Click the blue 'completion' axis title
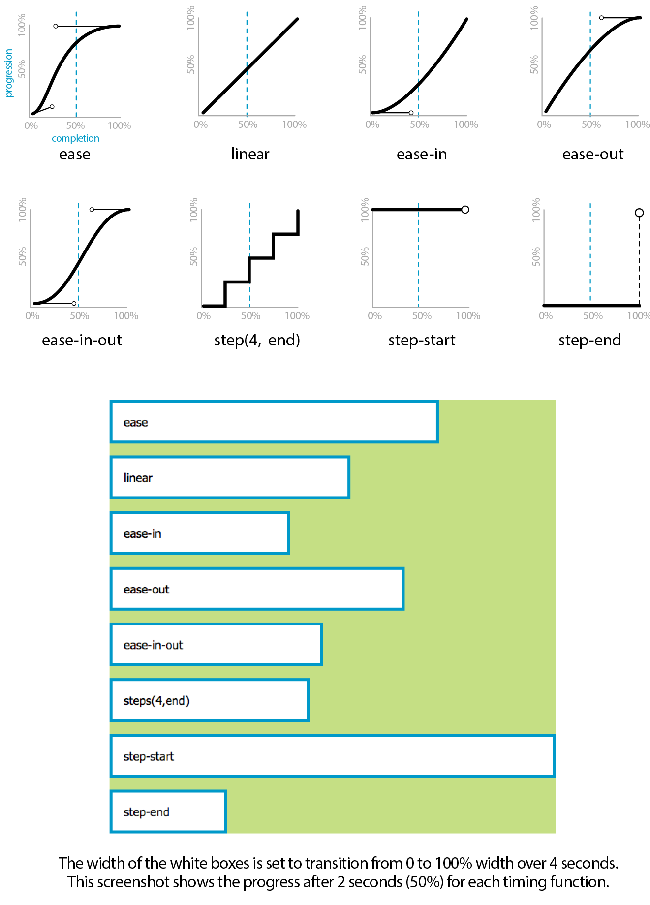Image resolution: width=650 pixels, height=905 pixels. coord(75,138)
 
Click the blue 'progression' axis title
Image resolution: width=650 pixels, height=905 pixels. coord(8,73)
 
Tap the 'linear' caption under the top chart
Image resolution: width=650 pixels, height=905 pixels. coord(250,155)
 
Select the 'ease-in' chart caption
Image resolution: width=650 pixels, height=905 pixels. coord(422,155)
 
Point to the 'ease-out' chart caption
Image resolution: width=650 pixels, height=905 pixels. coord(593,155)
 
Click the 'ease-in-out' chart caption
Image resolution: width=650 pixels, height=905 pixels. coord(82,340)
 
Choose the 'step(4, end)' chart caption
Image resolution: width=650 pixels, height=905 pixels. coord(257,340)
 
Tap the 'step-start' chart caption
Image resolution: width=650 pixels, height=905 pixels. coord(422,340)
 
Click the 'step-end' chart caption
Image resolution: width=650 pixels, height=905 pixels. coord(589,340)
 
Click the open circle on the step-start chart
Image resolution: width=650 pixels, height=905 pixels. coord(465,210)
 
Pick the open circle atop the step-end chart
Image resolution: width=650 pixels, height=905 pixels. coord(639,213)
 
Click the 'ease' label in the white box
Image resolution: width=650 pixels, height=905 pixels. coord(136,423)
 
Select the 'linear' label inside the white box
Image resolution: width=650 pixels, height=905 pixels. coord(138,478)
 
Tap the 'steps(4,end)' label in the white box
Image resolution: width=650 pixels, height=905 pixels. coord(156,701)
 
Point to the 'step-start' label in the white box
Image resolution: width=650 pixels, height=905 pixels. coord(149,756)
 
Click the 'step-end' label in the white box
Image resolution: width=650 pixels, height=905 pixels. coord(146,812)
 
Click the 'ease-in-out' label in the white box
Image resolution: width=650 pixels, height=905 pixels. coord(153,645)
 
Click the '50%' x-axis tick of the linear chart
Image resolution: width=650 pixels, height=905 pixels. coord(248,125)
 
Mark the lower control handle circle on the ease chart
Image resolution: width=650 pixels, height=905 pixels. coord(52,107)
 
